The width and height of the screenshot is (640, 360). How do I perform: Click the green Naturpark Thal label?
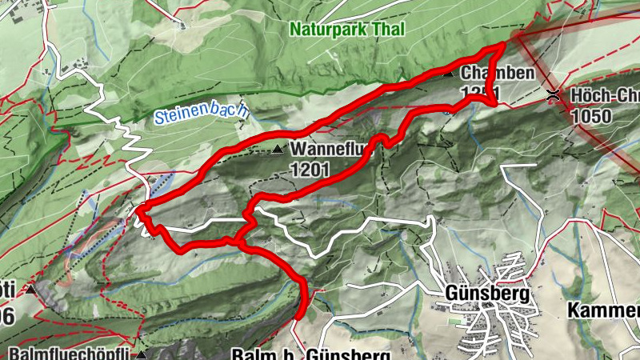pyautogui.click(x=347, y=30)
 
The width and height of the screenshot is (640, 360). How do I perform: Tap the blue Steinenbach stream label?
pyautogui.click(x=202, y=113)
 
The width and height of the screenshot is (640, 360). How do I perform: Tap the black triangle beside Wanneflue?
pyautogui.click(x=277, y=150)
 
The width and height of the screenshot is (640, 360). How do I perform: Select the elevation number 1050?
pyautogui.click(x=592, y=116)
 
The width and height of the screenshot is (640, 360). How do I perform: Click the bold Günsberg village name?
pyautogui.click(x=488, y=294)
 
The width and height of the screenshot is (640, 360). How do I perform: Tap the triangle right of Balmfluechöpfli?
pyautogui.click(x=142, y=353)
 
